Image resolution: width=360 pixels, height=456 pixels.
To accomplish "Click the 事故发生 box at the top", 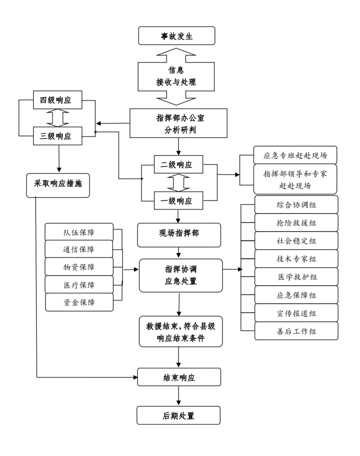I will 177,36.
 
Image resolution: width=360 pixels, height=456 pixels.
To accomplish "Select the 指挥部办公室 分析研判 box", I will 179,124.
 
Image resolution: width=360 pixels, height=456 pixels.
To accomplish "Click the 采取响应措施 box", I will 58,184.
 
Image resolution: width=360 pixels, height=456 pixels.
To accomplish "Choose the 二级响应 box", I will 178,165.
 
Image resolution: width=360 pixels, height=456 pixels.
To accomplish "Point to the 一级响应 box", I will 178,201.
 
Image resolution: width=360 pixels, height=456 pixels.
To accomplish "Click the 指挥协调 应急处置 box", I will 181,275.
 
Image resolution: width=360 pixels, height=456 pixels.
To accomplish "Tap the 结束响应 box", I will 179,377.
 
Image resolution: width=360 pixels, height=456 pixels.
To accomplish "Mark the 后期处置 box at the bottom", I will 179,415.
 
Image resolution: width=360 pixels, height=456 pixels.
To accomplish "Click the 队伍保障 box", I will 79,232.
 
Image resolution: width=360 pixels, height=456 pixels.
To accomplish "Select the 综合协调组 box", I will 296,205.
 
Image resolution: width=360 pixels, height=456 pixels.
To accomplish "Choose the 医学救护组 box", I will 296,277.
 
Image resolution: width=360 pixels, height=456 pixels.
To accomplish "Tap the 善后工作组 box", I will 296,331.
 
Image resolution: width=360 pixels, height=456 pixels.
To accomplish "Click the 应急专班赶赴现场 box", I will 295,155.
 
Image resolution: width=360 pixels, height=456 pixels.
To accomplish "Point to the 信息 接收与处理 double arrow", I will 176,76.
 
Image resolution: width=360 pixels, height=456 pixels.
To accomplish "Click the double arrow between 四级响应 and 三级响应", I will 58,118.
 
